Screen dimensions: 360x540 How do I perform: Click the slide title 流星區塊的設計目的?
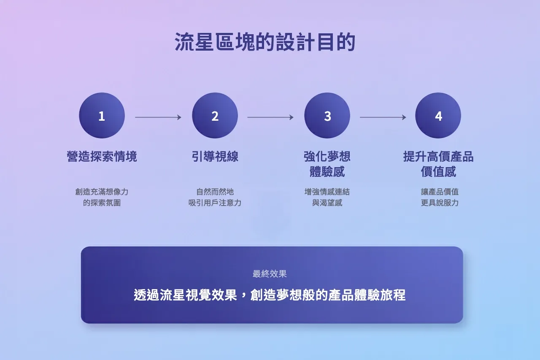pos(265,43)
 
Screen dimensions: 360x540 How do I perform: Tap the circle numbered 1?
pos(102,116)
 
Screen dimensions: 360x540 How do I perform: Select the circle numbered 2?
pos(215,116)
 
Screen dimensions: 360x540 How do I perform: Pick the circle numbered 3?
pos(327,116)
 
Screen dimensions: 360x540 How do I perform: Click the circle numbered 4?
pos(438,116)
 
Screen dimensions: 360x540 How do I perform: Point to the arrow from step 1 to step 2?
pos(158,117)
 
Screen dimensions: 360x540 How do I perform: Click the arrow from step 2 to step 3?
pos(270,117)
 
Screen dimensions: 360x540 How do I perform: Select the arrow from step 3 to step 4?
pos(383,117)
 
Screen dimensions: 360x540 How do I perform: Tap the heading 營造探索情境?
pos(102,157)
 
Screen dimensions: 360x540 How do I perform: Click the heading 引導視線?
pos(215,157)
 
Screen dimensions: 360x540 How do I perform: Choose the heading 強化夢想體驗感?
pos(327,164)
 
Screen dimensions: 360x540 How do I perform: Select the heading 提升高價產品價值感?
pos(438,164)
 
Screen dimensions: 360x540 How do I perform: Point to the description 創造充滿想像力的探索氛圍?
pos(102,197)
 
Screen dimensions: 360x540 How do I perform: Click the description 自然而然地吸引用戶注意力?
pos(215,197)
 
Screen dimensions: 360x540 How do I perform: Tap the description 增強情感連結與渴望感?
pos(327,197)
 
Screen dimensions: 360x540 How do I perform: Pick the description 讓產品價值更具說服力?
pos(440,197)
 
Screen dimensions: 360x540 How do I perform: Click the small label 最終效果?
pos(270,274)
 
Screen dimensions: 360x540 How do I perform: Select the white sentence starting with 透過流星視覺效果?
pos(270,295)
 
